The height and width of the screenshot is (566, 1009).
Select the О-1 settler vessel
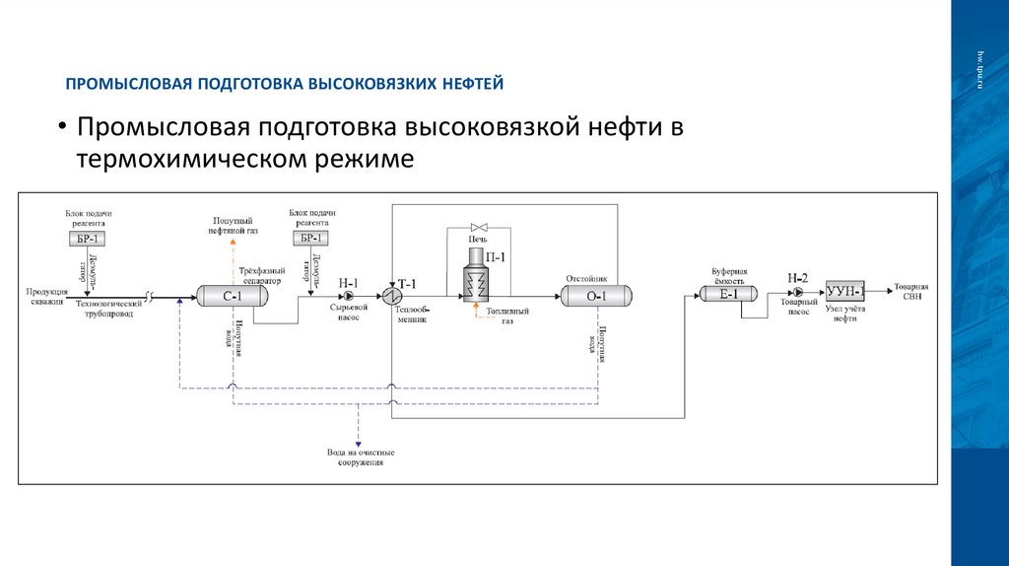(x=597, y=294)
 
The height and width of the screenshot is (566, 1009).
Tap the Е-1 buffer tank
(x=728, y=293)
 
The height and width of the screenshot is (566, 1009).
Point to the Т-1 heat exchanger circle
(x=391, y=294)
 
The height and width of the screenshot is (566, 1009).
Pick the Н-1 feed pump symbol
(x=346, y=294)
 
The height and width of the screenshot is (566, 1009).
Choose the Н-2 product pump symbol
(x=797, y=293)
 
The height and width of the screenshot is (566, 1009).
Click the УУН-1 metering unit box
(x=845, y=292)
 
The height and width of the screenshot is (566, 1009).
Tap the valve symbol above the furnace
(x=482, y=227)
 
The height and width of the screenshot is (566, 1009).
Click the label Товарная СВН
(x=911, y=293)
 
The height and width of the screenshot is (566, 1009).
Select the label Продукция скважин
(x=46, y=294)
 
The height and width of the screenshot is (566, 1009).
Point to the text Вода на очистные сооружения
(x=358, y=457)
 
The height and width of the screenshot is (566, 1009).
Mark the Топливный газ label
(x=507, y=317)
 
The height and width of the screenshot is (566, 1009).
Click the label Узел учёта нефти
(x=844, y=314)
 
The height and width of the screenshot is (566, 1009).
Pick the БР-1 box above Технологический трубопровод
(x=88, y=239)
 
